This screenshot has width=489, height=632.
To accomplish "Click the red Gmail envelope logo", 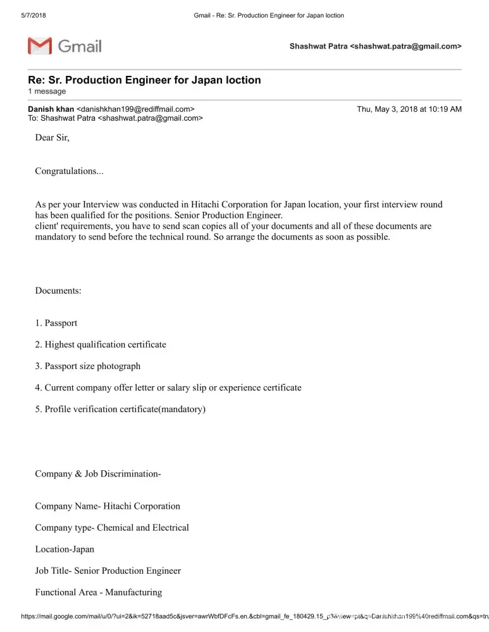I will pyautogui.click(x=39, y=46).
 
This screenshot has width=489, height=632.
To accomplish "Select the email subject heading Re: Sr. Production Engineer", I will pyautogui.click(x=144, y=80).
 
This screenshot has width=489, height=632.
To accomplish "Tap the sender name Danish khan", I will pyautogui.click(x=51, y=109).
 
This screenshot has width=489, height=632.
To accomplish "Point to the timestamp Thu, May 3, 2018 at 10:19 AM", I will pyautogui.click(x=409, y=109).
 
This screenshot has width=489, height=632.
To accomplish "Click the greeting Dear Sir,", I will pyautogui.click(x=52, y=138).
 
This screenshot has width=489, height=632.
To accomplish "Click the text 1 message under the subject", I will pyautogui.click(x=47, y=92).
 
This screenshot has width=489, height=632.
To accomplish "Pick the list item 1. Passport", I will pyautogui.click(x=56, y=323).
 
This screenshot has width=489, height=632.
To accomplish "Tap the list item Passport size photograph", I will pyautogui.click(x=92, y=366).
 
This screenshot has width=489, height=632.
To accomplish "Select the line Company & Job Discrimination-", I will pyautogui.click(x=98, y=473).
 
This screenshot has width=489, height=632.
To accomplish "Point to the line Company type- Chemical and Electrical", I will pyautogui.click(x=112, y=527).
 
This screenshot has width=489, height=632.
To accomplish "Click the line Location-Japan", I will pyautogui.click(x=65, y=549).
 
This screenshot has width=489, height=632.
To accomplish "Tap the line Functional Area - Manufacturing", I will pyautogui.click(x=99, y=592).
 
